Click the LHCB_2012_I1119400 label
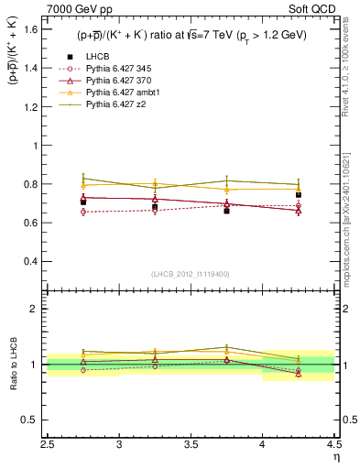tap(191, 273)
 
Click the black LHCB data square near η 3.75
tap(227, 211)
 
